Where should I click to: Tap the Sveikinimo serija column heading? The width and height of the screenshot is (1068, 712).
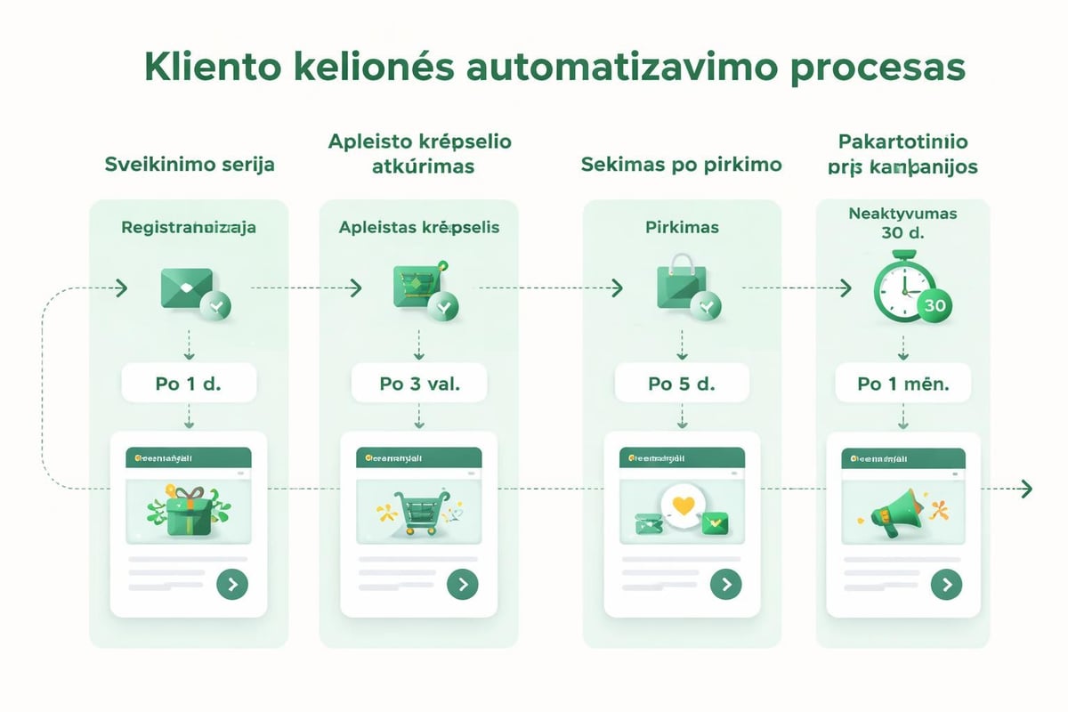tap(189, 165)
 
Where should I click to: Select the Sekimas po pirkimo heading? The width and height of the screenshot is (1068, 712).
tap(681, 165)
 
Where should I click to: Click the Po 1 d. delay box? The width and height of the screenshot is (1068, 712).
tap(189, 384)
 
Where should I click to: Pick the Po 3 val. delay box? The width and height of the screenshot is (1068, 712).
tap(419, 384)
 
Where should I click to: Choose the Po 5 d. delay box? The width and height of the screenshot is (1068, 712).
tap(682, 384)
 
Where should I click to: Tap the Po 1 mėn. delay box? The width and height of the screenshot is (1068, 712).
tap(902, 384)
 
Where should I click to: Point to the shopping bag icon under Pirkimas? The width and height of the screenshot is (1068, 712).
tap(681, 283)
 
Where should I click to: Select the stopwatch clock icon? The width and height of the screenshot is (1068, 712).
tap(901, 287)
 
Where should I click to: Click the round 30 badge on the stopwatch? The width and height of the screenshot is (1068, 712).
tap(934, 305)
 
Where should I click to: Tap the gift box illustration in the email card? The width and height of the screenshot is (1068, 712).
tap(188, 512)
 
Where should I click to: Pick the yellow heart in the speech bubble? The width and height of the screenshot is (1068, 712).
tap(683, 506)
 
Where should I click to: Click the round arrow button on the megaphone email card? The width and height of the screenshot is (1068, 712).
tap(946, 585)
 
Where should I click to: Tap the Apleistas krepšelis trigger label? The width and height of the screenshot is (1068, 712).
tap(419, 228)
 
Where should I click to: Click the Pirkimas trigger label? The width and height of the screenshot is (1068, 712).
tap(682, 228)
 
